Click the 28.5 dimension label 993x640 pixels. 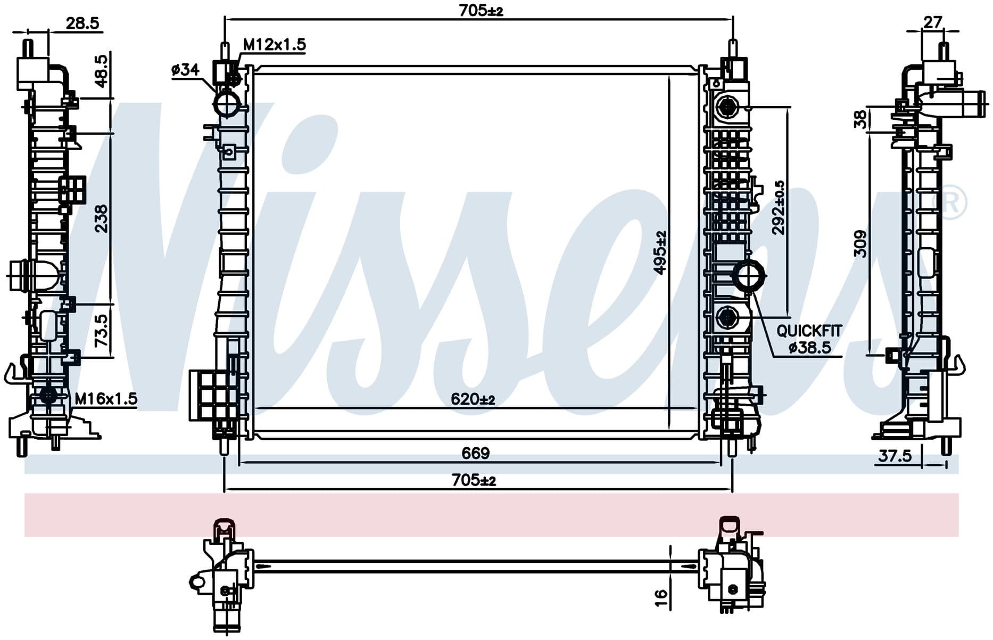(x=82, y=23)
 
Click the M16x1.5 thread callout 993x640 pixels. (x=106, y=398)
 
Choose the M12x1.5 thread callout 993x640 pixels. (x=275, y=45)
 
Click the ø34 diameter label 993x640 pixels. (x=185, y=69)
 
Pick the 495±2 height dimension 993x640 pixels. (x=660, y=252)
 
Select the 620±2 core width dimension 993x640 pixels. (x=473, y=399)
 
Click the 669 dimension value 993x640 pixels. (x=475, y=453)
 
